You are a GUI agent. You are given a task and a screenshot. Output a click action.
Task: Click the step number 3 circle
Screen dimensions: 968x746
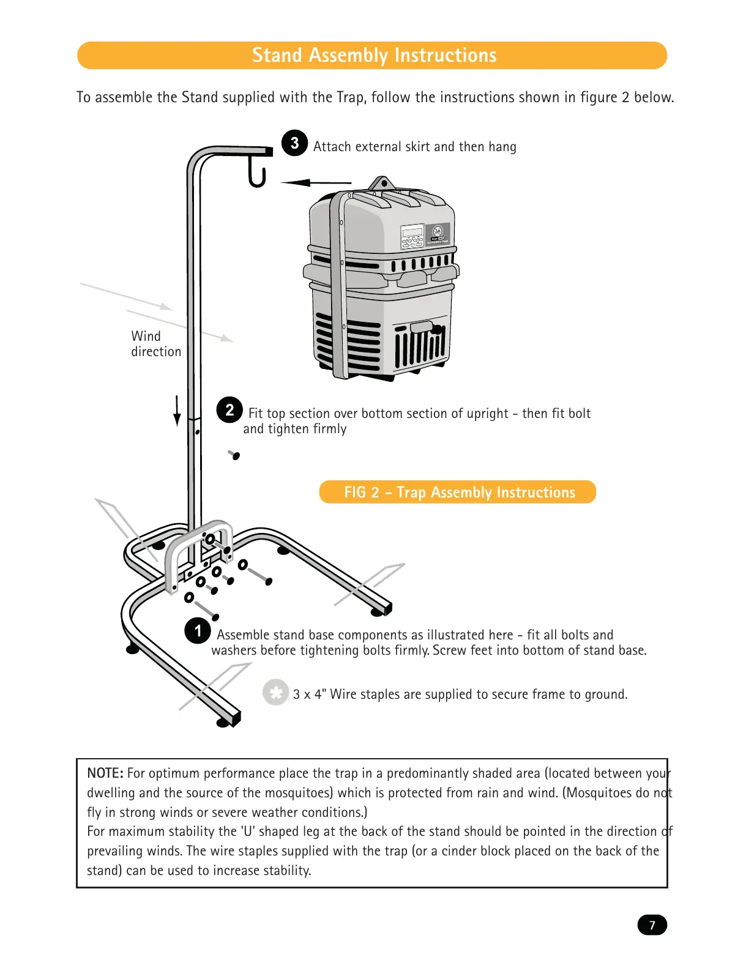[294, 143]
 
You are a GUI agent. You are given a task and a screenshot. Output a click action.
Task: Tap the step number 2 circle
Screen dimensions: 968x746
[229, 410]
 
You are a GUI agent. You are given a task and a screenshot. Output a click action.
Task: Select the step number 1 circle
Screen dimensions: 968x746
[198, 630]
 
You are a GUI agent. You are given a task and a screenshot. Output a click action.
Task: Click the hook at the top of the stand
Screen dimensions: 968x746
[257, 171]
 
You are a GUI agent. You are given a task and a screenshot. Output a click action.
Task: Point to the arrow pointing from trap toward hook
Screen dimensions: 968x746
[316, 182]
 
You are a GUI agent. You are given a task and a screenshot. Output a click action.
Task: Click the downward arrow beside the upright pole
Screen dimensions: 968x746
[177, 411]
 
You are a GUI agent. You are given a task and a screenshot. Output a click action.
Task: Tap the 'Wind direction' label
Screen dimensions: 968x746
[155, 344]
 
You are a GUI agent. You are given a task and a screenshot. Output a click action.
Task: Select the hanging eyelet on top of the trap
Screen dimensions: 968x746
[384, 183]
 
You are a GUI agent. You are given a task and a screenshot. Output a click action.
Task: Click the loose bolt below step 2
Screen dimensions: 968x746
[234, 455]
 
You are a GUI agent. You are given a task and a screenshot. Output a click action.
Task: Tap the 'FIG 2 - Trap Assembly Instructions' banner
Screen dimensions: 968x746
[457, 492]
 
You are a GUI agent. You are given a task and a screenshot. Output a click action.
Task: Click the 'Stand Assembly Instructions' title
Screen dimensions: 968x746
[373, 56]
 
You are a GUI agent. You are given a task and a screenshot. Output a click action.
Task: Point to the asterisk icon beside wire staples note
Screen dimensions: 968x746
[275, 693]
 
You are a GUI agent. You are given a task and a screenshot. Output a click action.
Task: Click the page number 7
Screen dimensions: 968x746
[652, 925]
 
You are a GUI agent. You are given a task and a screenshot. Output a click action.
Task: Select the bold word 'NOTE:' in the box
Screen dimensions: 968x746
[105, 773]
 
